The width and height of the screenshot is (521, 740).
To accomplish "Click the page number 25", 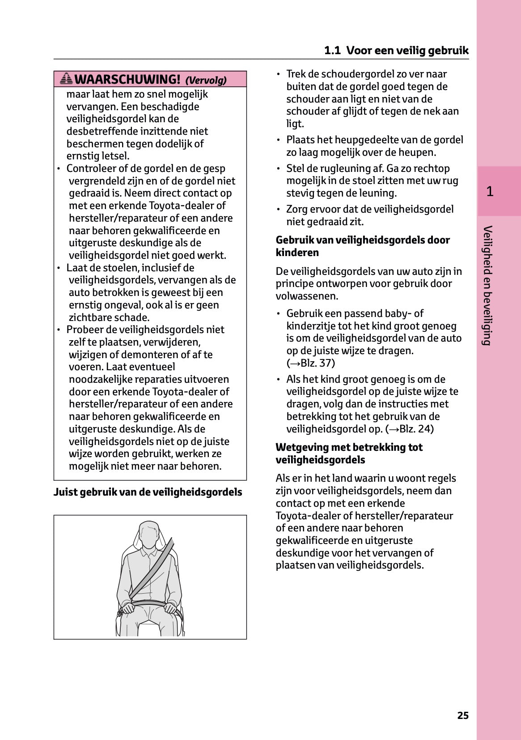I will [x=463, y=715].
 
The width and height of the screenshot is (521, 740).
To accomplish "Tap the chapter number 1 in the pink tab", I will [x=490, y=192].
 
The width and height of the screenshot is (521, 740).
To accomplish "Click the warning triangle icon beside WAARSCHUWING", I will [x=66, y=79].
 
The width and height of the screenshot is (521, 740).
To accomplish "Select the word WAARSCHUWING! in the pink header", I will [x=127, y=80].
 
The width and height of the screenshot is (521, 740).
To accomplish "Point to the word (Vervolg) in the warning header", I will [x=206, y=81].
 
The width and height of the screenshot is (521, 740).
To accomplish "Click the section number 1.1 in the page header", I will [x=332, y=51].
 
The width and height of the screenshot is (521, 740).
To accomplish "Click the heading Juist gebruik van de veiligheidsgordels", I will [x=148, y=492].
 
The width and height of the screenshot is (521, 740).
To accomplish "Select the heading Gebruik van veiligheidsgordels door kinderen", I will [x=363, y=246].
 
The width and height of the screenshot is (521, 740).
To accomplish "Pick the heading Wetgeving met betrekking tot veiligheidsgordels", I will [x=349, y=453].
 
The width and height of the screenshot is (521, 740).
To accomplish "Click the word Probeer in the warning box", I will [x=84, y=330].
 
